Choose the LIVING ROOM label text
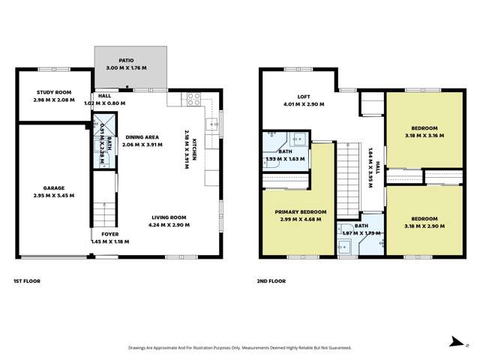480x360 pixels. coord(166,217)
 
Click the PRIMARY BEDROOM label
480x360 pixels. coord(298,211)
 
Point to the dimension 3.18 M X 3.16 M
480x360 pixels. coord(423,136)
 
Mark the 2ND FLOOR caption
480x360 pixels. coord(271,281)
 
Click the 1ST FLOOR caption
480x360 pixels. coord(26,281)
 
